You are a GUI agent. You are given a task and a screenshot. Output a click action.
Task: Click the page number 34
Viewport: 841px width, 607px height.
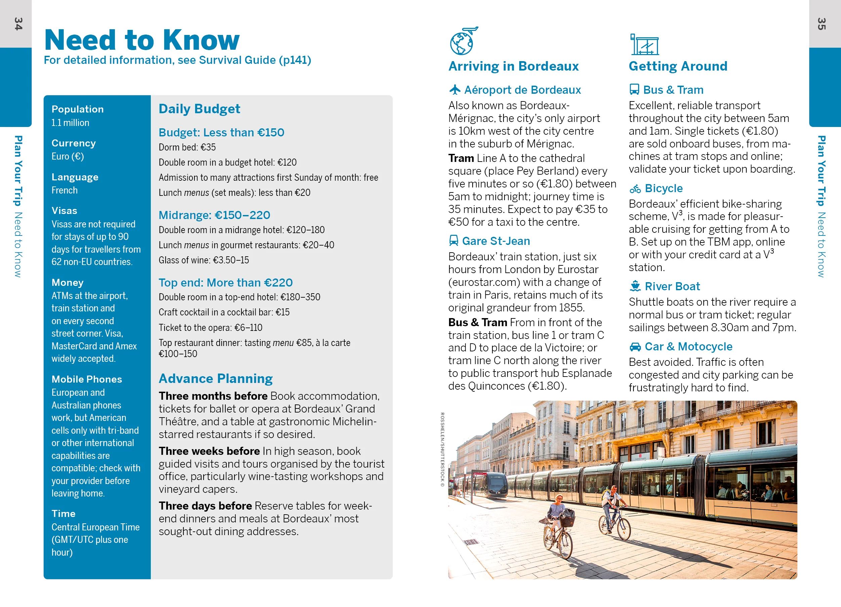tap(18, 24)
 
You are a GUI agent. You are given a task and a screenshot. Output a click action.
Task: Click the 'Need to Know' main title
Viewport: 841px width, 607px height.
tap(142, 40)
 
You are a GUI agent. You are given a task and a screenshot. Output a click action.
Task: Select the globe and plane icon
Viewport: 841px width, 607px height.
tap(462, 41)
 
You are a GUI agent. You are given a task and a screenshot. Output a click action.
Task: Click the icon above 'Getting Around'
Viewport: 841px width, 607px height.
tap(644, 44)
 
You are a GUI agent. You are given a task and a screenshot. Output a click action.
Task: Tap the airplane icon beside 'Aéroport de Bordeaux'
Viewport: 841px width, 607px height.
tap(455, 90)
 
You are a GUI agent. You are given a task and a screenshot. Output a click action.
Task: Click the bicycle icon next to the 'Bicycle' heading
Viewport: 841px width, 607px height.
tap(635, 189)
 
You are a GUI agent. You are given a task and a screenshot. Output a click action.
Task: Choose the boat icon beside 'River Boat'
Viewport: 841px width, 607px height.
tap(635, 286)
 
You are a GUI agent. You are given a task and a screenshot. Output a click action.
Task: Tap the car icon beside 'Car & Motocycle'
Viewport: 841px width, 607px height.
tap(635, 347)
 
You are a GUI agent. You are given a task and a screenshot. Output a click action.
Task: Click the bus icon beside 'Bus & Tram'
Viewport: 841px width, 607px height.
tap(634, 90)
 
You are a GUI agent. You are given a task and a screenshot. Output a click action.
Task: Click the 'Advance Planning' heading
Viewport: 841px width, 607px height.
tap(215, 379)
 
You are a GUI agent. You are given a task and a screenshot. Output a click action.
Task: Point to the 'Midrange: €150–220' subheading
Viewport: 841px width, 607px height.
tap(214, 215)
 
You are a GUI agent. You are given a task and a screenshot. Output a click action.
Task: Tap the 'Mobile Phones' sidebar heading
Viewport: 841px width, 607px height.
tap(87, 379)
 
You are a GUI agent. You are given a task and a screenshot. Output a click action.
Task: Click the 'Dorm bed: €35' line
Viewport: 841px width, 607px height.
tap(187, 147)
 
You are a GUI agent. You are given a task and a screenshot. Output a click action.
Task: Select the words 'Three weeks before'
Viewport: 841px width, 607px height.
tap(209, 451)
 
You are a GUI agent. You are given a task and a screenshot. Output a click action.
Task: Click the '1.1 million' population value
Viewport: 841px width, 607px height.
tap(71, 123)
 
